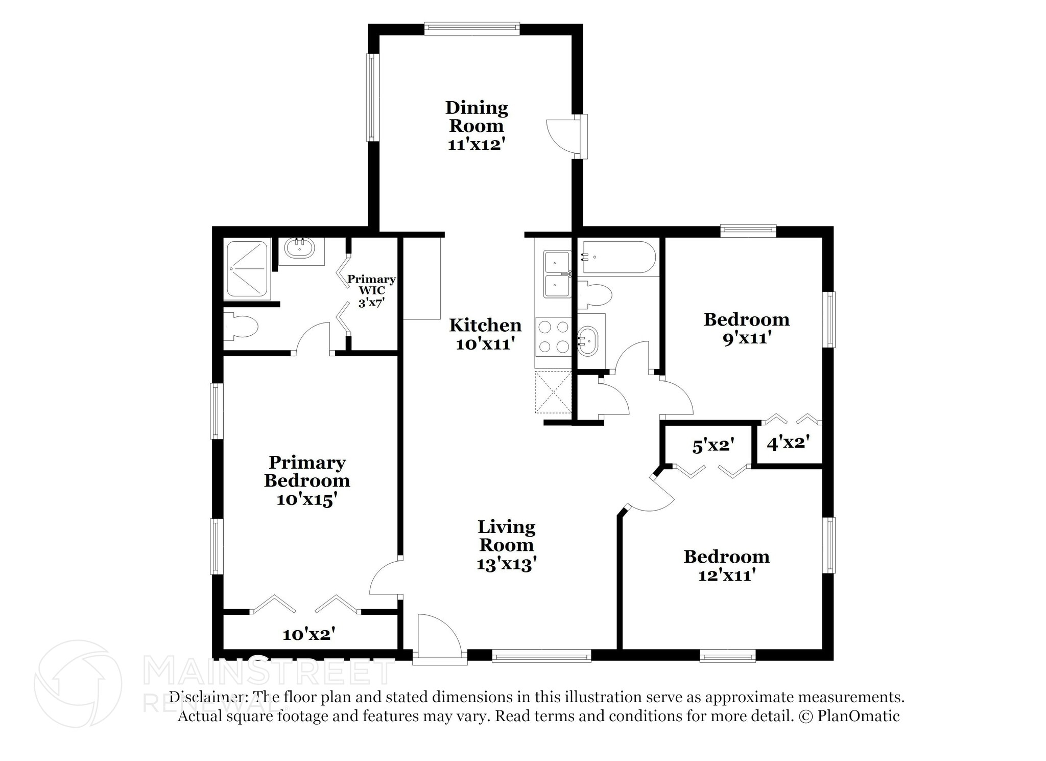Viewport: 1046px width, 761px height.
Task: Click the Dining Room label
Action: [x=477, y=117]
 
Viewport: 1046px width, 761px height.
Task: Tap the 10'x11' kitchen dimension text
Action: [x=484, y=344]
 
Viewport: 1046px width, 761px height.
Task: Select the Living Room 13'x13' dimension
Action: [x=506, y=564]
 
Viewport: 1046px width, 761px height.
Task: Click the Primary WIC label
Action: [x=371, y=285]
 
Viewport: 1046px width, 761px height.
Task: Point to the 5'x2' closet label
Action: [x=713, y=446]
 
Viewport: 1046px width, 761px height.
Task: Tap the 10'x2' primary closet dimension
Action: [x=309, y=635]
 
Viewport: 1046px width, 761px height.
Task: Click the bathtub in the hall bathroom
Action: [x=619, y=258]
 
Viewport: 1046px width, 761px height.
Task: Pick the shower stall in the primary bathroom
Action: [x=247, y=269]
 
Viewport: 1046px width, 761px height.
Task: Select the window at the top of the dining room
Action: [x=471, y=29]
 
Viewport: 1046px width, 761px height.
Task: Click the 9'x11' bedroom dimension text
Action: [x=746, y=338]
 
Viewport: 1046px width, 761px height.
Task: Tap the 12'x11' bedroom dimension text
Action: [x=726, y=575]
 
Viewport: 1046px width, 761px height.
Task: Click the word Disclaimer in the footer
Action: [x=206, y=697]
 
